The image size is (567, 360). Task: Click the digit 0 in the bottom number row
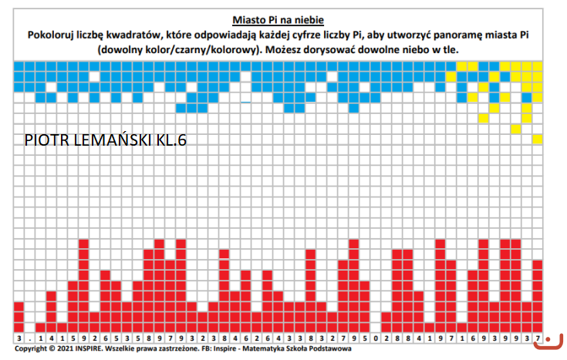pyautogui.click(x=376, y=338)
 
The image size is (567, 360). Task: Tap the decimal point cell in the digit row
pyautogui.click(x=30, y=338)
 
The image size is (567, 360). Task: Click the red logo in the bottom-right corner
pyautogui.click(x=550, y=339)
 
